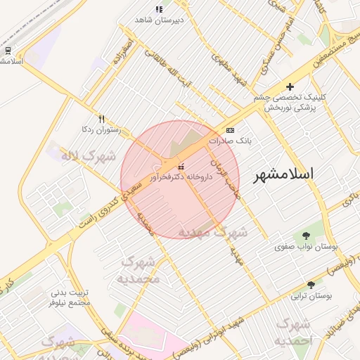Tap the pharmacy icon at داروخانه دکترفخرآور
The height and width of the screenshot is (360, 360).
[x=182, y=167]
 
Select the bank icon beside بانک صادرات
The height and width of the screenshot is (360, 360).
[x=231, y=131]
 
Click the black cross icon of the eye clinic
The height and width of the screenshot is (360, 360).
[x=290, y=86]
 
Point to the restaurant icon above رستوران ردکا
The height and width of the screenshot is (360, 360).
[x=102, y=119]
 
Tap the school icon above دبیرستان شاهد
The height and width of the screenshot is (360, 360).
[x=159, y=9]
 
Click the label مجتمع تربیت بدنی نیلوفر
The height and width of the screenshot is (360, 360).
[x=70, y=297]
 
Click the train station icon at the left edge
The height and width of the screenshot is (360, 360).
[x=8, y=51]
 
